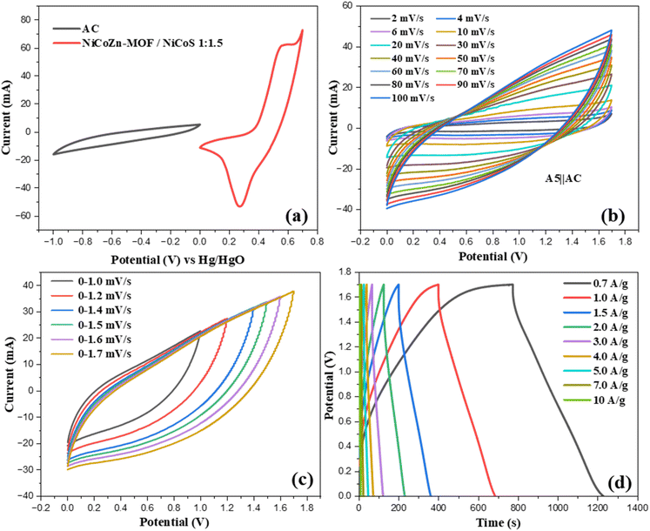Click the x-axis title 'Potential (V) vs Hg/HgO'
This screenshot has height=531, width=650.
(x=175, y=259)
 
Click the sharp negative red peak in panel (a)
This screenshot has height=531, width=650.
(x=238, y=206)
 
